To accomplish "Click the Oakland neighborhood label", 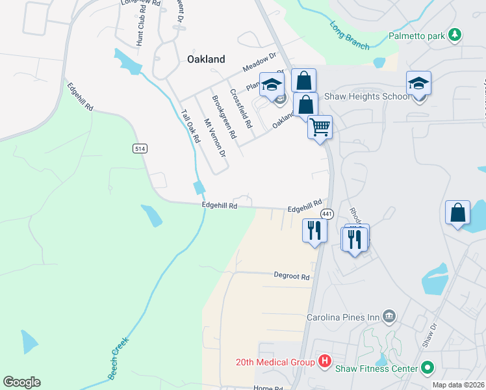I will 206,59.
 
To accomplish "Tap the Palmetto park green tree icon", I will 456,34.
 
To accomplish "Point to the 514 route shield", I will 139,148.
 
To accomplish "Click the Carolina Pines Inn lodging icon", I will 389,317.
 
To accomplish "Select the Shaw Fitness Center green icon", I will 427,369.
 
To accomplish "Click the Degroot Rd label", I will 291,276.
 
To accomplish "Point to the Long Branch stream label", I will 350,36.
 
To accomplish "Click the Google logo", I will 21,382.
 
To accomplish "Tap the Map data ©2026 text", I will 458,385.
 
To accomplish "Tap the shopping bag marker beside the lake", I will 458,212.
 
